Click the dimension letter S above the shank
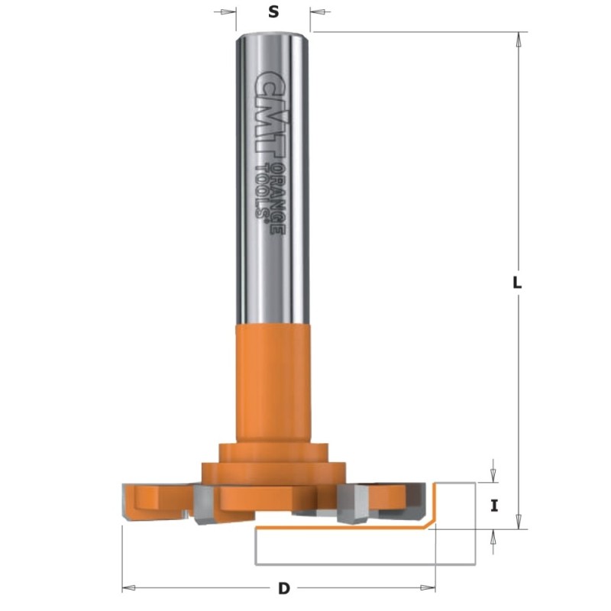(x=273, y=12)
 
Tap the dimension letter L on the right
(x=518, y=282)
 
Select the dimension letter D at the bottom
(x=284, y=589)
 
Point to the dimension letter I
(x=494, y=505)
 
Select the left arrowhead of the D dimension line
(x=129, y=588)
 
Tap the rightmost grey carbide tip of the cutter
(x=418, y=497)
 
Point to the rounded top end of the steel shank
(x=273, y=36)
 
